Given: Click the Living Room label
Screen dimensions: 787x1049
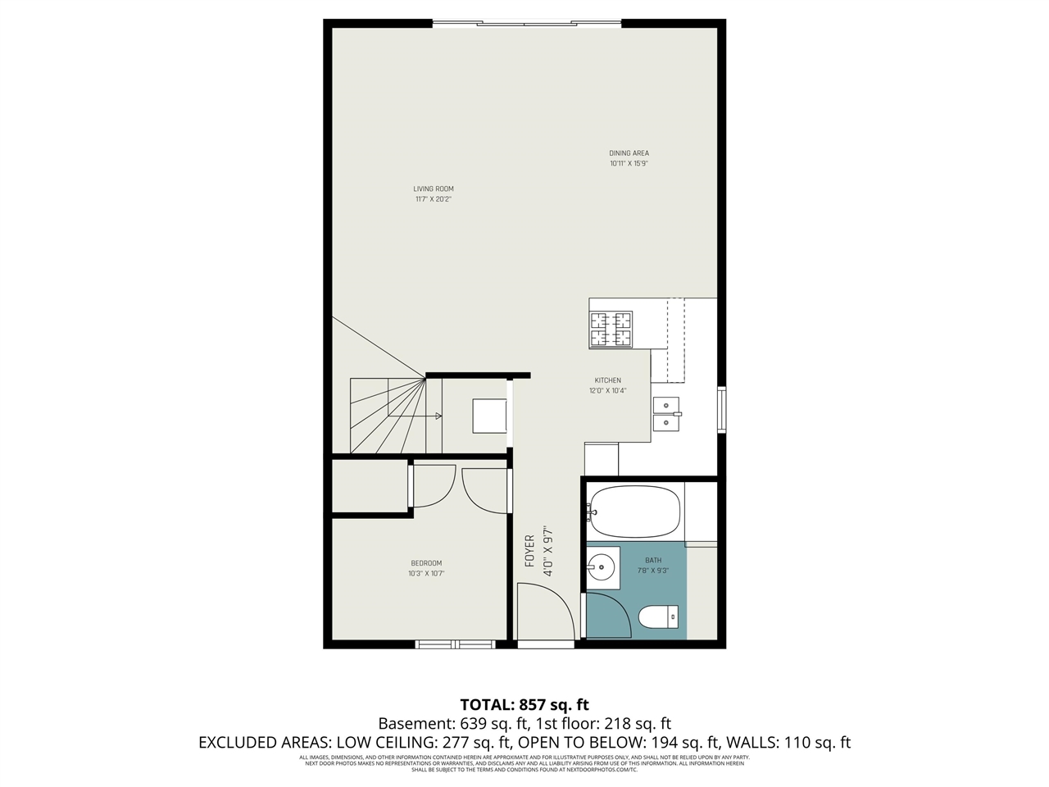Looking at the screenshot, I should [x=433, y=189].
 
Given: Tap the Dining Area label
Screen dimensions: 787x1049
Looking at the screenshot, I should [x=629, y=153].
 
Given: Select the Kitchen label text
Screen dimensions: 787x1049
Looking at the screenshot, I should [x=607, y=380].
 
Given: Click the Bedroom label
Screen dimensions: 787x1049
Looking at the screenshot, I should [x=426, y=563].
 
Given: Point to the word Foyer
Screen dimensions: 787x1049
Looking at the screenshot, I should [x=529, y=551].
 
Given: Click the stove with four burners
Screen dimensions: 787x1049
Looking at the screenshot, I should [x=611, y=330].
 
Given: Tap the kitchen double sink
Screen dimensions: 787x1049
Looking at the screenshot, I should [x=666, y=415].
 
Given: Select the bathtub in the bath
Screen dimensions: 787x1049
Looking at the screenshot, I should [x=634, y=512].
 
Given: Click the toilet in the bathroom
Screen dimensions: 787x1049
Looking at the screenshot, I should [x=657, y=616].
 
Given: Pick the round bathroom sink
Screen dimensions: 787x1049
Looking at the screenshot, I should [x=602, y=566].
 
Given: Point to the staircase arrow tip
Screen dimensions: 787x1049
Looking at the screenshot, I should [x=440, y=416].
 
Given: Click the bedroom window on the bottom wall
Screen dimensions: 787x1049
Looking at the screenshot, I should [x=456, y=644].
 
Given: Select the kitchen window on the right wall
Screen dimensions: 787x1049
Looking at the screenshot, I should [x=721, y=410].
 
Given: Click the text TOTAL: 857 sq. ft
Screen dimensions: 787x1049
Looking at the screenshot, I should [x=524, y=704].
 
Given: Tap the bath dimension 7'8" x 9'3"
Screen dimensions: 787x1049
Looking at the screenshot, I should [x=653, y=571].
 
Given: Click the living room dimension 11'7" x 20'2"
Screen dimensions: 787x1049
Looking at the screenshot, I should [x=433, y=199].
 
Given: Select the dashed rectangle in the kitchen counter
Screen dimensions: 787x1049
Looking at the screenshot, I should [x=675, y=340].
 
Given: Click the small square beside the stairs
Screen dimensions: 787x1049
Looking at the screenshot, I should [x=489, y=416].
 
